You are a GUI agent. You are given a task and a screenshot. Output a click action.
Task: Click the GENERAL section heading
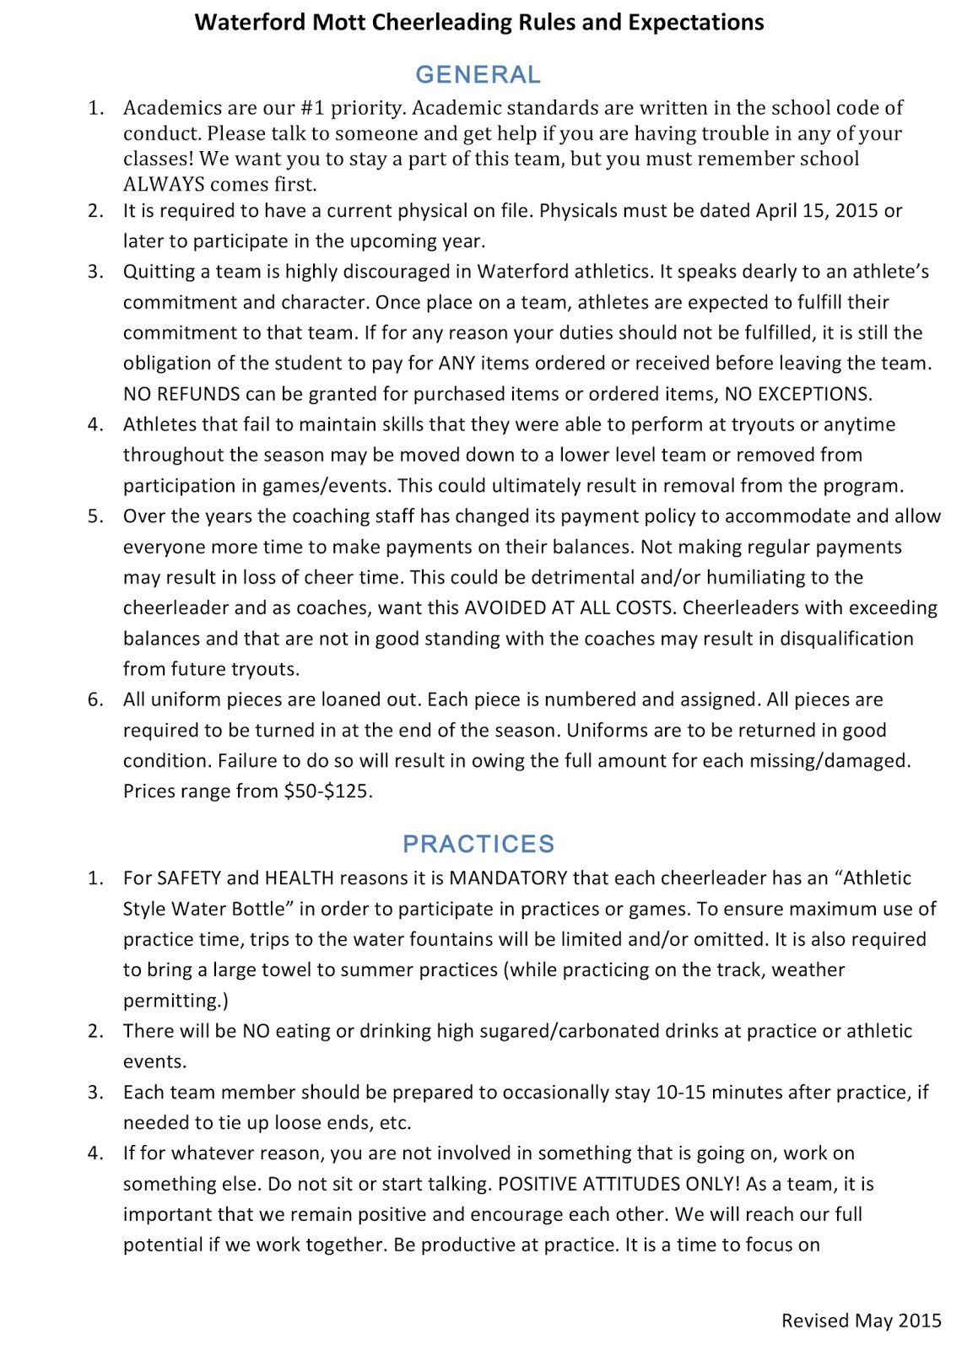478,75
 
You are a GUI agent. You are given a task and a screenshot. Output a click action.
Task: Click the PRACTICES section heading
478,844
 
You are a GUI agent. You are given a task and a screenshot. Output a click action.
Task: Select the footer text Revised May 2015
861,1320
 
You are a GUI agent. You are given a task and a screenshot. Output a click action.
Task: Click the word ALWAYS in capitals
164,184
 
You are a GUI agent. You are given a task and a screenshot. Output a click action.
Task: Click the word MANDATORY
508,878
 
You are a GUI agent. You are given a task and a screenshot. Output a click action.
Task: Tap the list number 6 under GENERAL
95,699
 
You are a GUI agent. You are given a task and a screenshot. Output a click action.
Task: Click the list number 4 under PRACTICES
95,1153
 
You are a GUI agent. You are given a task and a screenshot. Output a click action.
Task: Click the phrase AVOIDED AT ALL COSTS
581,608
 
